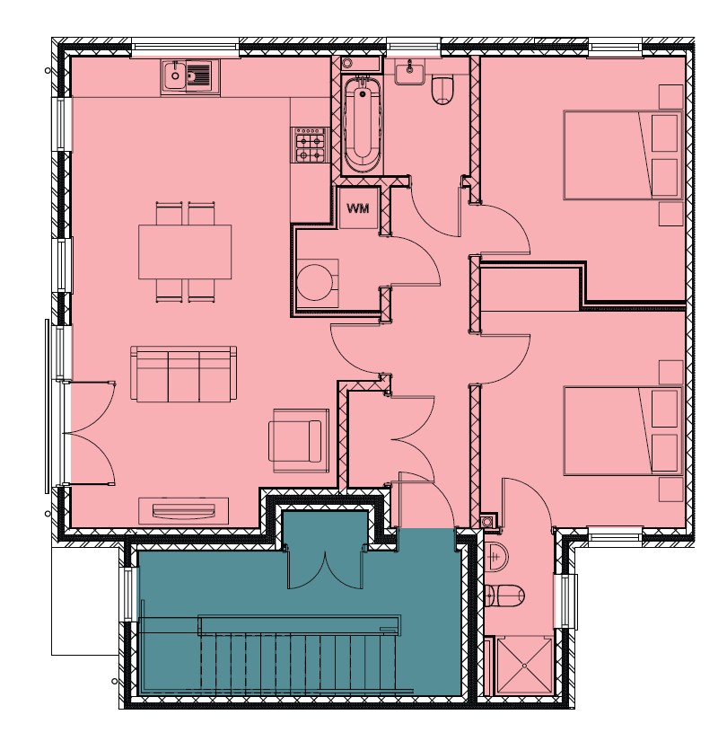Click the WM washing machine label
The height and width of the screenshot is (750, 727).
tap(357, 208)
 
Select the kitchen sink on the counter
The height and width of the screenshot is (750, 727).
tap(189, 76)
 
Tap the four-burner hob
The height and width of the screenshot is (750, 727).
tap(309, 145)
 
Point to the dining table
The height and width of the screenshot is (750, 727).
tap(185, 252)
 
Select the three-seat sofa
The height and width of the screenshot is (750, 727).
tap(183, 375)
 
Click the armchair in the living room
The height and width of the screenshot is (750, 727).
tap(299, 440)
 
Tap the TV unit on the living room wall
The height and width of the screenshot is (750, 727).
tap(183, 510)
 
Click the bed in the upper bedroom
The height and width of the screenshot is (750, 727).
tap(623, 155)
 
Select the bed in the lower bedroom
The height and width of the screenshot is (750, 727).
tap(623, 431)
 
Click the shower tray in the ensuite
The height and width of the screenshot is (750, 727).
tap(524, 665)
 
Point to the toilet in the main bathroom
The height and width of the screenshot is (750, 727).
tap(442, 90)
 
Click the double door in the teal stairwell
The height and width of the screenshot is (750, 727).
tap(325, 568)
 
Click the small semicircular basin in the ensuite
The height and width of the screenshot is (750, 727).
tap(496, 556)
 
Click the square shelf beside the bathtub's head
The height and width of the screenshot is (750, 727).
tap(347, 63)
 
